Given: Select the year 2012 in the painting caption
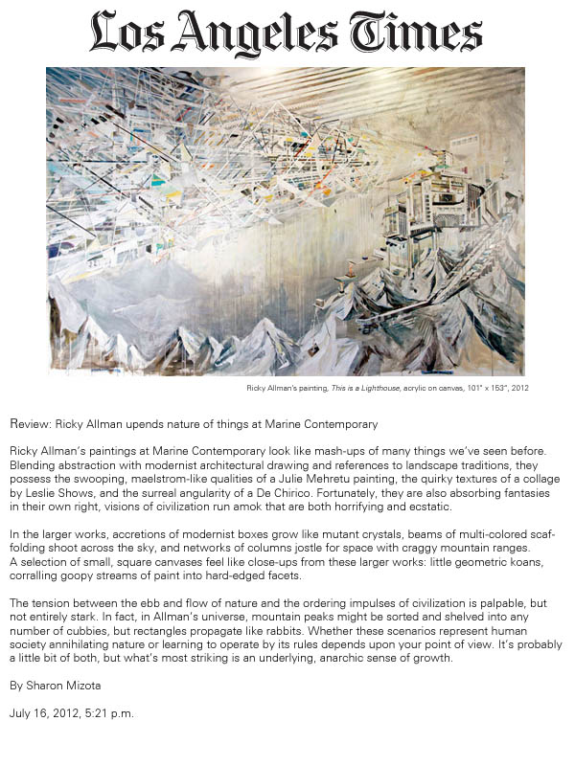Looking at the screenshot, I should pyautogui.click(x=518, y=388).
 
